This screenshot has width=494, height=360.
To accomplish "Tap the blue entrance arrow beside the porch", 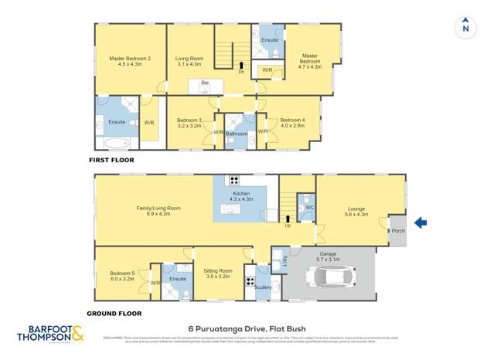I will point(421,223).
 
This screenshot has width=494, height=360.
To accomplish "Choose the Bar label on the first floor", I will point(205,83).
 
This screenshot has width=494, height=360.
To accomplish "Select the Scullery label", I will point(261,287).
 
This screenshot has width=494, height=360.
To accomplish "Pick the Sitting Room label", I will point(218,271).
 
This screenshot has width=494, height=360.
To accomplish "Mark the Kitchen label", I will point(241,192).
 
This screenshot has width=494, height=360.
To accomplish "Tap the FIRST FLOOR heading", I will point(112,160).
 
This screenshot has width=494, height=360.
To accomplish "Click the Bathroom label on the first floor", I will point(237,134).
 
